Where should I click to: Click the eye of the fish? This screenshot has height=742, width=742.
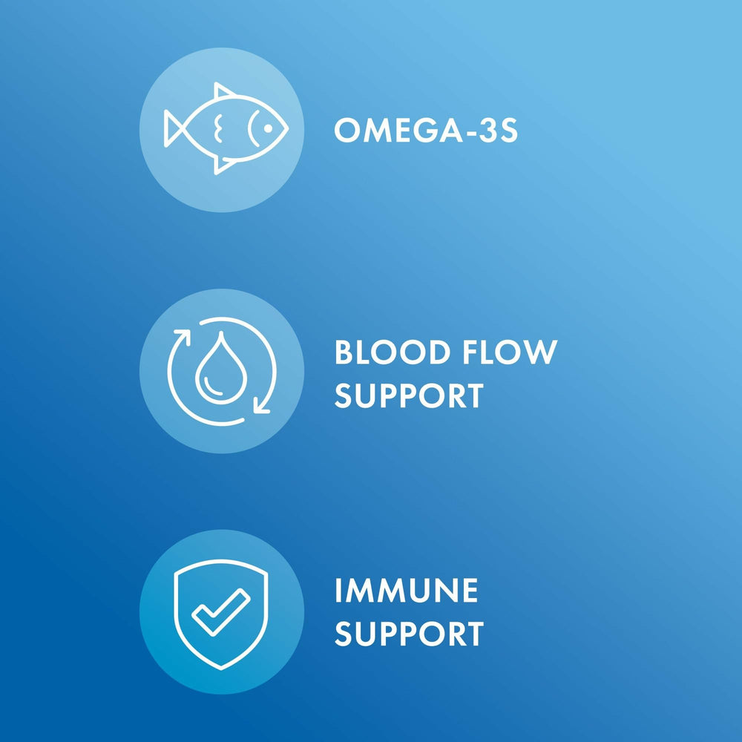(269, 129)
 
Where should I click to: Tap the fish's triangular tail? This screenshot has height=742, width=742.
(177, 128)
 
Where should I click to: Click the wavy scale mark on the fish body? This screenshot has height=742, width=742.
(217, 128)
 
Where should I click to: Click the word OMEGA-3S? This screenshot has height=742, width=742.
(425, 131)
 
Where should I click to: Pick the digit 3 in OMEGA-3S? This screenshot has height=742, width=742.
(483, 131)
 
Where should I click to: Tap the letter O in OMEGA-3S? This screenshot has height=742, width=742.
(347, 131)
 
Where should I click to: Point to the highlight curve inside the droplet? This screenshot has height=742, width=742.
(209, 383)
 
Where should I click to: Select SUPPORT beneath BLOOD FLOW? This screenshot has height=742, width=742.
(408, 396)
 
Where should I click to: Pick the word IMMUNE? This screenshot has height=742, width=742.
(406, 591)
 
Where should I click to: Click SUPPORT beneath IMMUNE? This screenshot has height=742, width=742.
(408, 635)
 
